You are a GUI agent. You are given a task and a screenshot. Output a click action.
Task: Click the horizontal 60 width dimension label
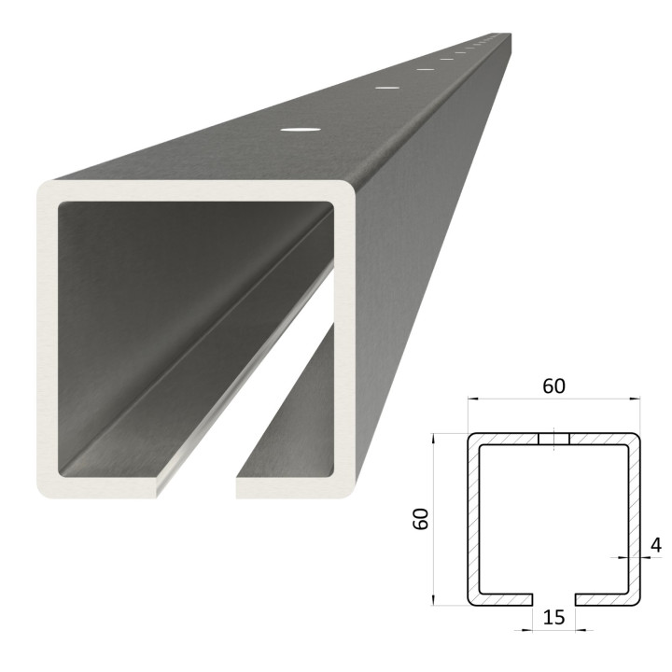(x=553, y=385)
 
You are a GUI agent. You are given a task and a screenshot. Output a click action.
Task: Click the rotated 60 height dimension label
(x=421, y=519)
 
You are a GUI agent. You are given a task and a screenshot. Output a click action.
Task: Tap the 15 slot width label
(x=553, y=617)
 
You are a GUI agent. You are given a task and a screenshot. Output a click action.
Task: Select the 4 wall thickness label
(x=656, y=545)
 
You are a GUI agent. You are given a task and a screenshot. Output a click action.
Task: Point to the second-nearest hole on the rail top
(x=388, y=88)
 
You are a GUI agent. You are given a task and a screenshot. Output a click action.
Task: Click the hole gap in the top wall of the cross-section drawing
(x=553, y=439)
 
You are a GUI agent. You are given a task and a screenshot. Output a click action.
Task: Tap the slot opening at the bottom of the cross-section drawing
(x=553, y=599)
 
